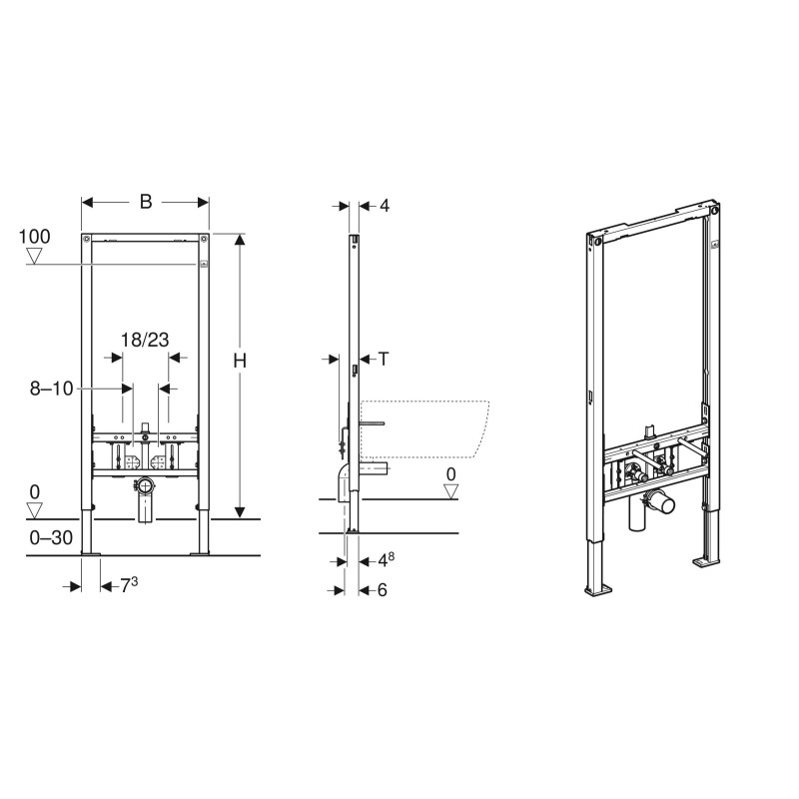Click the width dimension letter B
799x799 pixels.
point(146,202)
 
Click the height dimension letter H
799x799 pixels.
point(240,362)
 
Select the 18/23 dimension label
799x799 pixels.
point(146,340)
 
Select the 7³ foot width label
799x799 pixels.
point(128,586)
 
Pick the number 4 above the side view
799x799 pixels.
point(384,206)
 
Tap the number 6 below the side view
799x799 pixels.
point(382,590)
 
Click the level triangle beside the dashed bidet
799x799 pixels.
point(450,491)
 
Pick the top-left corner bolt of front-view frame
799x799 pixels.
point(88,240)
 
